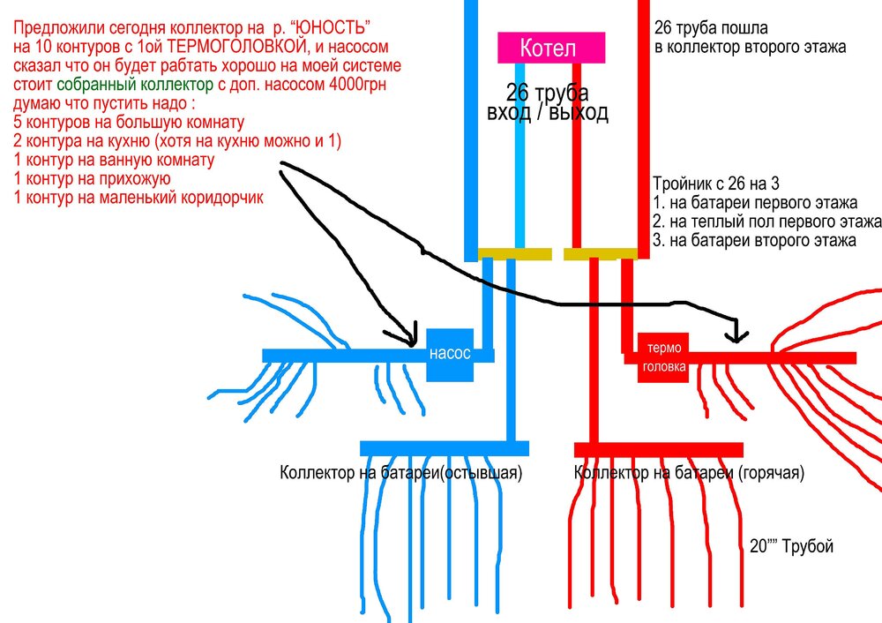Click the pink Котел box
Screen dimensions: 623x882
click(x=552, y=48)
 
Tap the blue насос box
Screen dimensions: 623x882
click(x=450, y=354)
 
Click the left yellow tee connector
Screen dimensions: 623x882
click(x=515, y=254)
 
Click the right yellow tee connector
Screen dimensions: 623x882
click(x=600, y=254)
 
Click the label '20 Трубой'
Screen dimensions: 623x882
click(x=791, y=547)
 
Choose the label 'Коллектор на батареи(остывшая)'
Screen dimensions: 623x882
click(x=401, y=473)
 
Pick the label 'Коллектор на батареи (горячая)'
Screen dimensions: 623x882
click(x=689, y=473)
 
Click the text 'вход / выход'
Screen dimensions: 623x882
click(x=548, y=112)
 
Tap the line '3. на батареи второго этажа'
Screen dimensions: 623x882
click(x=753, y=239)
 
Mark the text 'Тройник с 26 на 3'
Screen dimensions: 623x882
click(x=716, y=184)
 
